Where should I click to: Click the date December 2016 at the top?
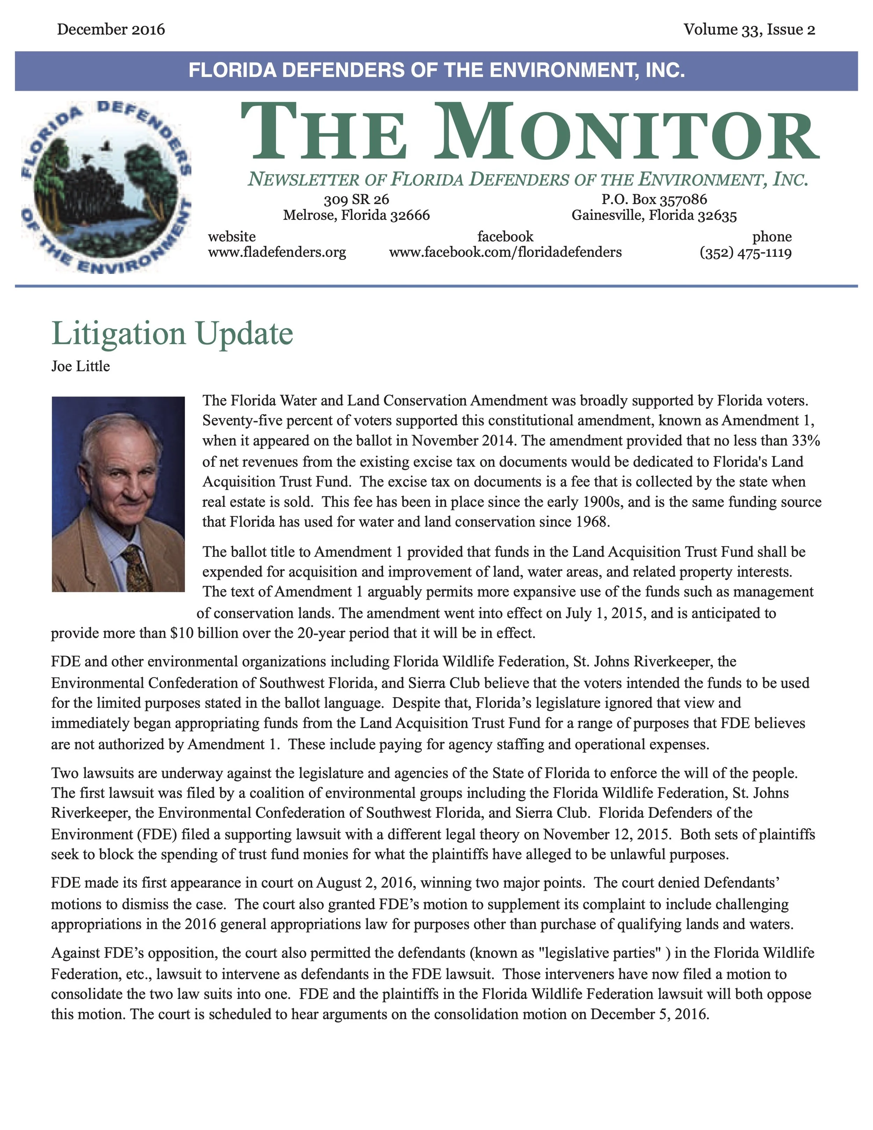pyautogui.click(x=111, y=29)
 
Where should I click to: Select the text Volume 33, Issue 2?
pyautogui.click(x=749, y=29)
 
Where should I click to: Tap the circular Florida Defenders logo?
pyautogui.click(x=106, y=186)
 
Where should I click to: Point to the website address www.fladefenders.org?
pyautogui.click(x=277, y=253)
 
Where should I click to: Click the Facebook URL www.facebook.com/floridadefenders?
pyautogui.click(x=505, y=253)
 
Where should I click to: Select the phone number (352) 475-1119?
pyautogui.click(x=745, y=253)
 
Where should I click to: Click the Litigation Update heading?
pyautogui.click(x=172, y=334)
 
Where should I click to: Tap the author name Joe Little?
pyautogui.click(x=81, y=366)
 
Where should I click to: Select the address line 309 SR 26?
pyautogui.click(x=356, y=199)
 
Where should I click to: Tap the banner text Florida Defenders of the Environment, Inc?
pyautogui.click(x=436, y=70)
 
